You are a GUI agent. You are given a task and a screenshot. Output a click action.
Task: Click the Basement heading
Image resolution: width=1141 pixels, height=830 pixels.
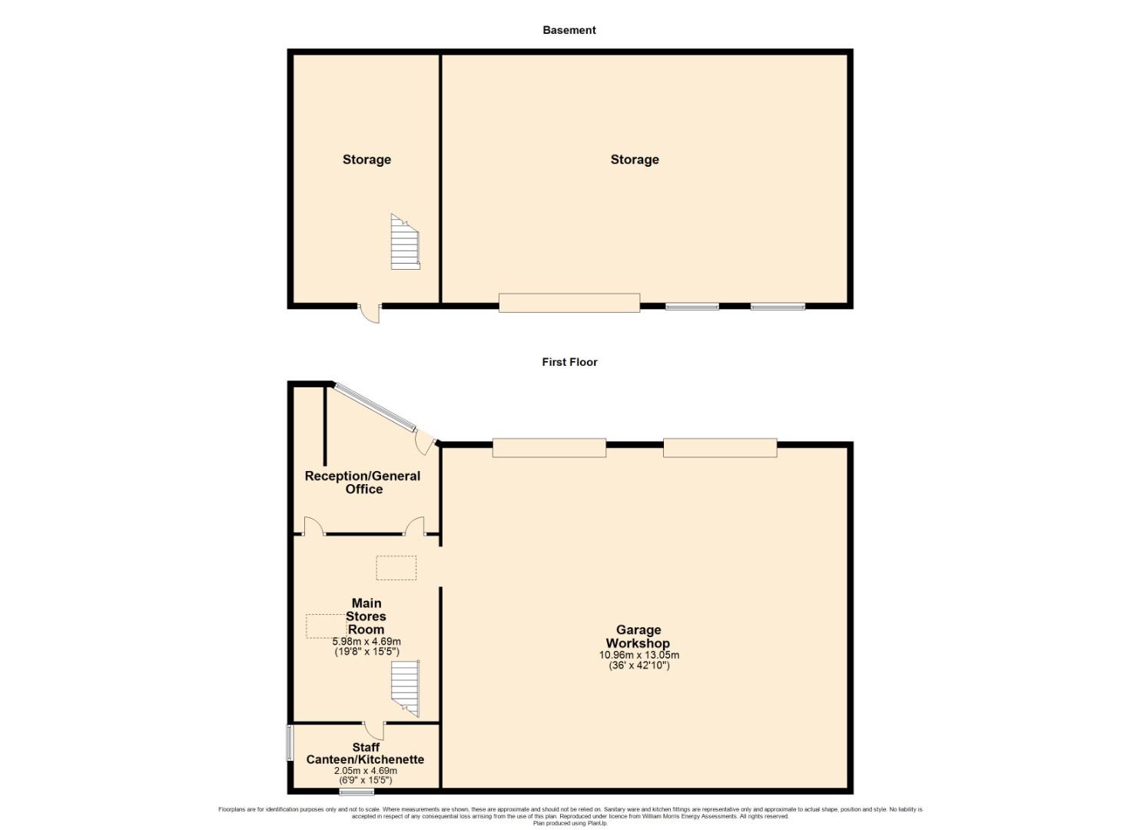(569, 30)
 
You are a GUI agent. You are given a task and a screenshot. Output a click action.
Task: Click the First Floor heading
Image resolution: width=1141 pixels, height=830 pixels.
(569, 362)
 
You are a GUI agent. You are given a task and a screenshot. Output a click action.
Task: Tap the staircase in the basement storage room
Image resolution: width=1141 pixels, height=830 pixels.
(406, 241)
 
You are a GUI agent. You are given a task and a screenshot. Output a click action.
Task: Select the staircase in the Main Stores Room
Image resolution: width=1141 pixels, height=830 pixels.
(406, 689)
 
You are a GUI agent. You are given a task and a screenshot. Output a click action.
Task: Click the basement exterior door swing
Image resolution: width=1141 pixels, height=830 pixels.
(370, 314)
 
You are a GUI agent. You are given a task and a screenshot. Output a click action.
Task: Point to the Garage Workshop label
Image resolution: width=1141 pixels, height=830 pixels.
(638, 636)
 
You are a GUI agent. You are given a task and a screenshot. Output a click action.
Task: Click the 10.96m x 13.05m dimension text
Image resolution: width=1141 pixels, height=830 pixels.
(638, 655)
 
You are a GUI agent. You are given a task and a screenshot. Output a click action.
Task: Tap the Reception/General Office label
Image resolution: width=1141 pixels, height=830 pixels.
(363, 483)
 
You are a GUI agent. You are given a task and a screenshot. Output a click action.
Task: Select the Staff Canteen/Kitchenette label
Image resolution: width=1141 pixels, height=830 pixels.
(365, 753)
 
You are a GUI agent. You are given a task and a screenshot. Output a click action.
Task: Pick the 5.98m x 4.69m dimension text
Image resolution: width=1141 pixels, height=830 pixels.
(367, 642)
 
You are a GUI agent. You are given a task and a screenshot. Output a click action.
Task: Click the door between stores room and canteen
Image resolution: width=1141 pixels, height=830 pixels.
(374, 730)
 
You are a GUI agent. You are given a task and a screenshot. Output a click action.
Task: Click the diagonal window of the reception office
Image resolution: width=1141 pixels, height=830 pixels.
(375, 407)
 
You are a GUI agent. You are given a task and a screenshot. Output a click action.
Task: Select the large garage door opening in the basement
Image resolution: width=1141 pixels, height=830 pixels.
(569, 303)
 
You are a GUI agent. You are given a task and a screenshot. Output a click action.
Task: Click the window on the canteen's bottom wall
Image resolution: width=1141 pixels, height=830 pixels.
(357, 792)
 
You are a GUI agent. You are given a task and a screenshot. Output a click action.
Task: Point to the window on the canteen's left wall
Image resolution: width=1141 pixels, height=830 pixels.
(290, 743)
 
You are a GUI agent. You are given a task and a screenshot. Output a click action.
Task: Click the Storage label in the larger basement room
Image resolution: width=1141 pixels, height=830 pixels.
(635, 160)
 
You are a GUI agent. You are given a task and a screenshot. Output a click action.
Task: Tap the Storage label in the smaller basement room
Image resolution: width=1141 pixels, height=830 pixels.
(367, 160)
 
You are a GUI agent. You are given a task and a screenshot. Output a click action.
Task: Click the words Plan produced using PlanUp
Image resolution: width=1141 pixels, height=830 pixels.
(570, 823)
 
